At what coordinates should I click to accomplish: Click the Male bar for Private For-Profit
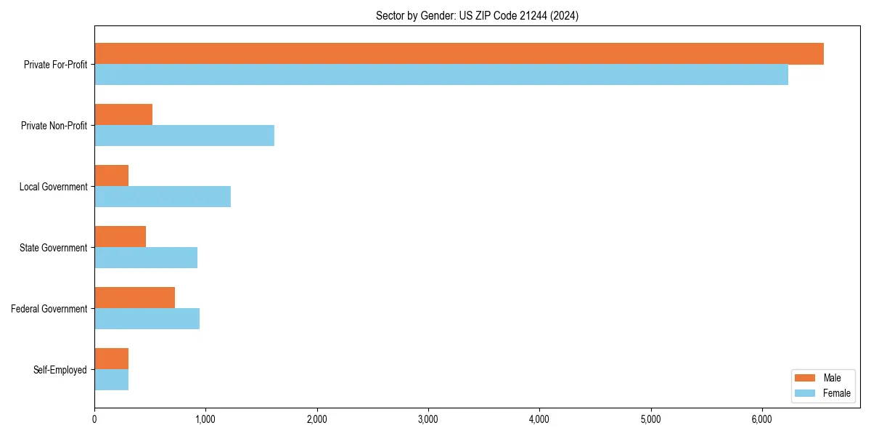459,54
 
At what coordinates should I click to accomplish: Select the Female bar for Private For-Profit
441,75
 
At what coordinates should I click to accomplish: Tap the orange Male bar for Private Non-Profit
123,115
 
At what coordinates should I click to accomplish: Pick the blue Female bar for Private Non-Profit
184,136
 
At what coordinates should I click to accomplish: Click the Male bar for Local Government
112,176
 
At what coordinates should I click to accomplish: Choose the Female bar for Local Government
163,197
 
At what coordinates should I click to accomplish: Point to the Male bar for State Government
120,237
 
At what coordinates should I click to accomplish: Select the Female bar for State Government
146,258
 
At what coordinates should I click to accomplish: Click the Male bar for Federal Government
135,298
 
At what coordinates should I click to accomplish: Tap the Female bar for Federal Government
147,319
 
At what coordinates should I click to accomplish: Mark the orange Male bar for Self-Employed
112,359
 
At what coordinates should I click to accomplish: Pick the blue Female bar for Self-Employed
112,380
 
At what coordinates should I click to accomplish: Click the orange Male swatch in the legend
806,378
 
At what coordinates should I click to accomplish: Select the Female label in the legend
837,393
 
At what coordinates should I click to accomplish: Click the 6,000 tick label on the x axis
762,419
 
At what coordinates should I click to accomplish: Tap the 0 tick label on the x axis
94,419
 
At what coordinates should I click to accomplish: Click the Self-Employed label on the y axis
60,370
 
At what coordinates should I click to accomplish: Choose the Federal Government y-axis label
49,309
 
